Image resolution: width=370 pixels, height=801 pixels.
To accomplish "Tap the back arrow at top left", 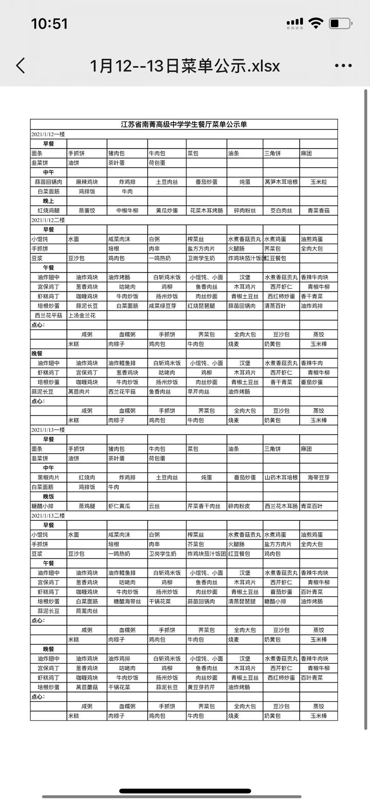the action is coord(21,66).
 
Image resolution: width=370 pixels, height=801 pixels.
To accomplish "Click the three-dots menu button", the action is coord(343,66).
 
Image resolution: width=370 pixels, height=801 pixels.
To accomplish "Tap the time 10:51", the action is coord(49,24).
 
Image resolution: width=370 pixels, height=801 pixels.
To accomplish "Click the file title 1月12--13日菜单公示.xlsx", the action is coord(185,66).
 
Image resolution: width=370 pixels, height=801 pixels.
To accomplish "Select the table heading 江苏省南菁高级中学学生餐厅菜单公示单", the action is coord(184,124).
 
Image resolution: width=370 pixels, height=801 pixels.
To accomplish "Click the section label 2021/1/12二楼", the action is coord(48,220).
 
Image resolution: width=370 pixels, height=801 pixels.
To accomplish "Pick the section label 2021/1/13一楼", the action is coord(48,430).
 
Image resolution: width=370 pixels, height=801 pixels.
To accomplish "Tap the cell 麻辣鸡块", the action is coord(87,182).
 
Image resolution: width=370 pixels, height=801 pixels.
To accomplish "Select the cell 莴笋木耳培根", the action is coord(281,182).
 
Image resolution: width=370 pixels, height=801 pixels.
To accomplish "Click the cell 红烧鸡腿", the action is coord(48,211).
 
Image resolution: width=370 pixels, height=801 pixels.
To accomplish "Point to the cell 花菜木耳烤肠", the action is coord(206,211).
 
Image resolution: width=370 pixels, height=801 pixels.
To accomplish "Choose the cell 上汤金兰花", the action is coord(82,315).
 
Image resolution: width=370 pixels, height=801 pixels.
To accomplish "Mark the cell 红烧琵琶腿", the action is coord(201,306).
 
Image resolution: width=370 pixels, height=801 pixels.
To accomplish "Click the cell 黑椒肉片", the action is coord(48,478).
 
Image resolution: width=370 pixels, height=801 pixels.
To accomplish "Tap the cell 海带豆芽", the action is coord(319,478).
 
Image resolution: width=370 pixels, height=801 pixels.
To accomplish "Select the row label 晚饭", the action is coord(48,497).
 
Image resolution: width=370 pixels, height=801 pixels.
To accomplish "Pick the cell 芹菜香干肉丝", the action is coord(204,506).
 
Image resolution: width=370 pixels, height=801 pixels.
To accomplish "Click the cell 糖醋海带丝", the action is coord(127,601).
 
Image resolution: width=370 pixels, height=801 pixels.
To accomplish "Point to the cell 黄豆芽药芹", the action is coord(201,687).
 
